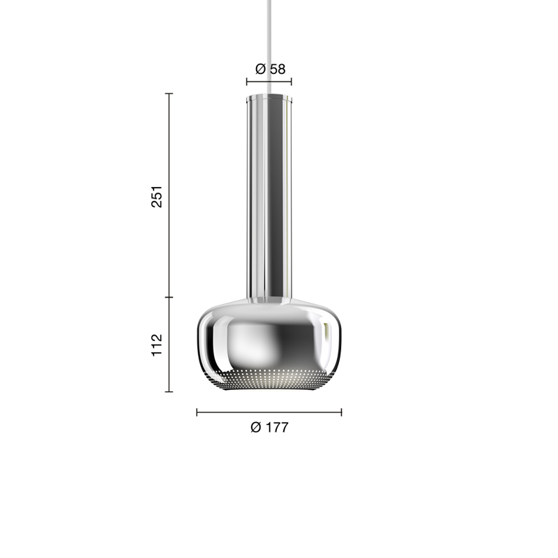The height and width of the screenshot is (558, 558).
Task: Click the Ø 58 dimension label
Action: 270,69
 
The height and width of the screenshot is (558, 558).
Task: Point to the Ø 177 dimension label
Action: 269,428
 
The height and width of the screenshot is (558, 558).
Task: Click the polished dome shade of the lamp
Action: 269,338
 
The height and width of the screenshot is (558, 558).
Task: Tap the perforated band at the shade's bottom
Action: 269,380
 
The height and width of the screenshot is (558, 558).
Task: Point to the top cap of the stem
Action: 269,96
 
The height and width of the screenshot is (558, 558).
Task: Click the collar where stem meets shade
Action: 269,300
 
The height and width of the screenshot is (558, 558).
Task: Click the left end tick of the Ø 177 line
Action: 197,412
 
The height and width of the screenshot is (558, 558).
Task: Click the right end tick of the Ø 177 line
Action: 342,412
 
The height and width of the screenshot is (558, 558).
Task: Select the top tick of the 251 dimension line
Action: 169,93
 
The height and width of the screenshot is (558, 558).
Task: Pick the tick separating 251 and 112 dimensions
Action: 169,297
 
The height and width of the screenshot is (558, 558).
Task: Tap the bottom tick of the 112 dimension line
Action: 169,391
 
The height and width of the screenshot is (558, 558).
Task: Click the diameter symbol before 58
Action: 260,69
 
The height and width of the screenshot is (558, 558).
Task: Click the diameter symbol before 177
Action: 255,428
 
